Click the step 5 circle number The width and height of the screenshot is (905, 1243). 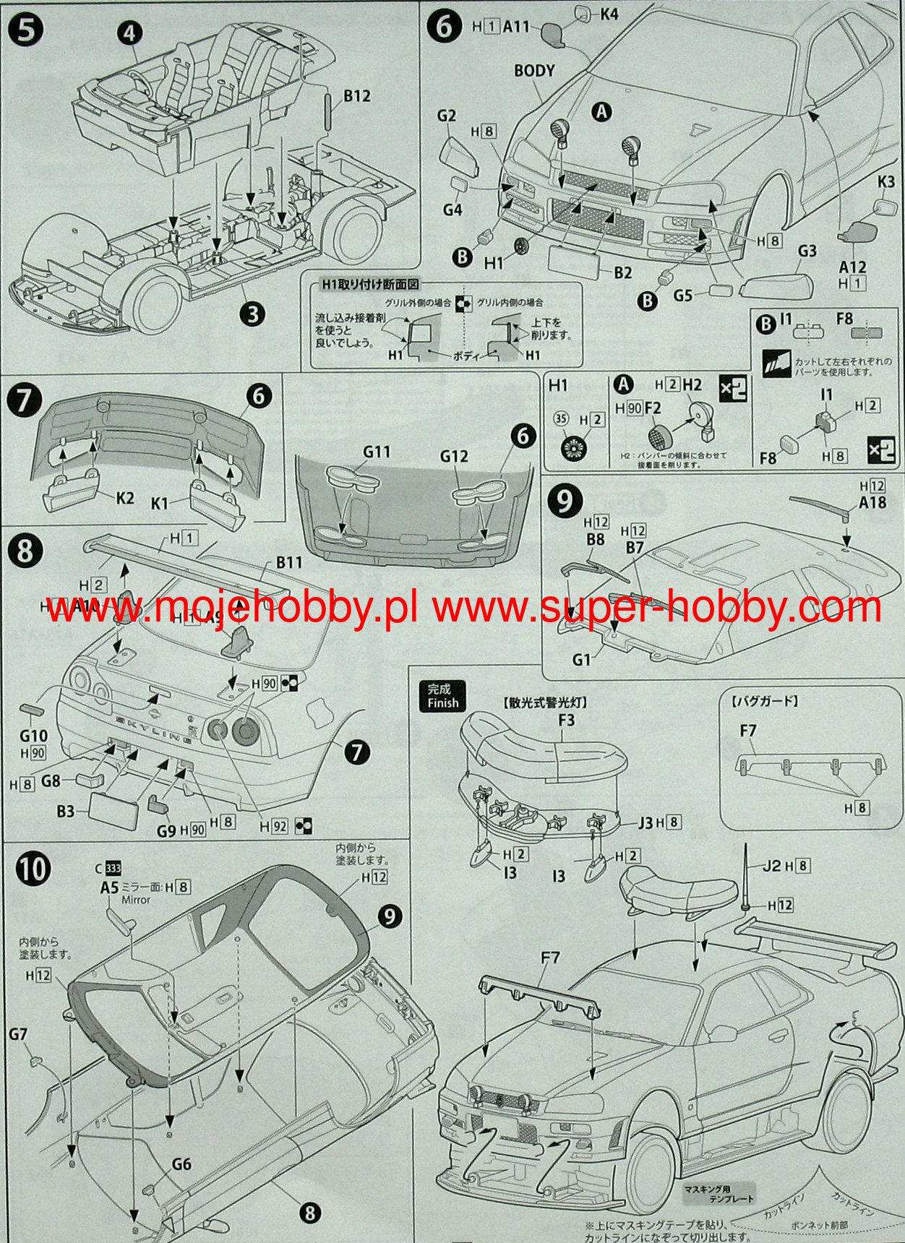[x=26, y=31]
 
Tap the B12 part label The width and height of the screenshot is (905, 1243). [x=356, y=96]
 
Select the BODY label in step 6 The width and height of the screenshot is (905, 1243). [x=534, y=71]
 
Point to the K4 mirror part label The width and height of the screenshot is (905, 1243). [x=609, y=14]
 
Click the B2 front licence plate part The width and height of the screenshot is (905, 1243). [x=574, y=261]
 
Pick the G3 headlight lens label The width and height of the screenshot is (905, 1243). [x=807, y=251]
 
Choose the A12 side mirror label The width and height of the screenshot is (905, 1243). [x=853, y=267]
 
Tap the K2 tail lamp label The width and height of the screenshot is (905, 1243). [x=125, y=497]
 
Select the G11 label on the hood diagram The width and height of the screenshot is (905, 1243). [x=377, y=452]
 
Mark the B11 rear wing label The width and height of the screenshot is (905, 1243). [x=288, y=562]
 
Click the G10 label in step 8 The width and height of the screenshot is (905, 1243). [x=33, y=736]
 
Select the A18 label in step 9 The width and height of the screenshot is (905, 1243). [x=872, y=502]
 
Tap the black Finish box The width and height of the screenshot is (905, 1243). [x=442, y=696]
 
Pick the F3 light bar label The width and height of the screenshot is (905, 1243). [x=566, y=720]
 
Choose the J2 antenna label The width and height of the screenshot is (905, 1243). [x=772, y=865]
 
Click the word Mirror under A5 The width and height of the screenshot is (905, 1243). [x=136, y=900]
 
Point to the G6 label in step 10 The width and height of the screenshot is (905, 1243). [x=181, y=1164]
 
